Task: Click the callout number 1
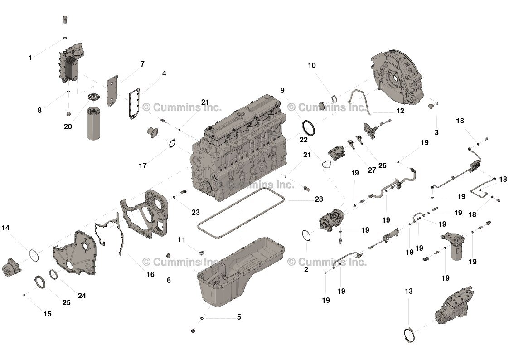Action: (x=30, y=58)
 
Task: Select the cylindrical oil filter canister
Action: (x=94, y=124)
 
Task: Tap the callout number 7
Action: (x=142, y=64)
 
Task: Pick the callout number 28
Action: (x=319, y=199)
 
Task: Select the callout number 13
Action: (x=409, y=291)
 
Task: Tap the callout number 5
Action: (x=239, y=317)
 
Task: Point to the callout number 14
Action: (x=5, y=228)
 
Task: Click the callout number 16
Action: (x=150, y=275)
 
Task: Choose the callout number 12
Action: (x=400, y=111)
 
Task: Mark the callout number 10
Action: (x=312, y=66)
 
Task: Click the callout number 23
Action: (x=195, y=212)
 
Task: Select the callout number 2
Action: (x=306, y=269)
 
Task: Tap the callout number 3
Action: (x=436, y=132)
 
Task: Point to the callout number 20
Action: (x=68, y=126)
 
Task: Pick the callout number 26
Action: (x=383, y=165)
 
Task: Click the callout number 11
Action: (x=181, y=240)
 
